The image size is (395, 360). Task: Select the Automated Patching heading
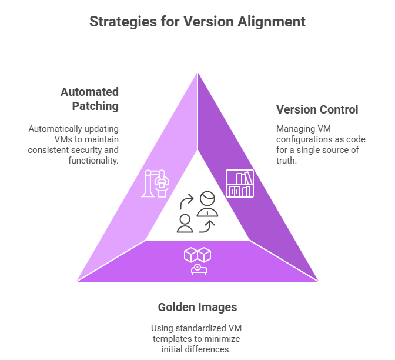pos(89,99)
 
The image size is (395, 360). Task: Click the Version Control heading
pos(317,109)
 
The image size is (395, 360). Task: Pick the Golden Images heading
pos(197,307)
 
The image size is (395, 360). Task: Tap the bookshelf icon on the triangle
pos(240,184)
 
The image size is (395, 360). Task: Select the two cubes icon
pos(197,254)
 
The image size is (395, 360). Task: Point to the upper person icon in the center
pos(207,203)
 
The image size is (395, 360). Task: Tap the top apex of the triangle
pos(197,71)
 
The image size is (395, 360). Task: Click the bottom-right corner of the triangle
pos(319,282)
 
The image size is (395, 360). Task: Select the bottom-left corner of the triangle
pos(76,282)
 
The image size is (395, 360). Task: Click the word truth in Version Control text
pos(287,161)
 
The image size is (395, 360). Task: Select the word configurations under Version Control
pos(304,139)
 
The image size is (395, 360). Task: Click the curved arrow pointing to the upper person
pos(186,202)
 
